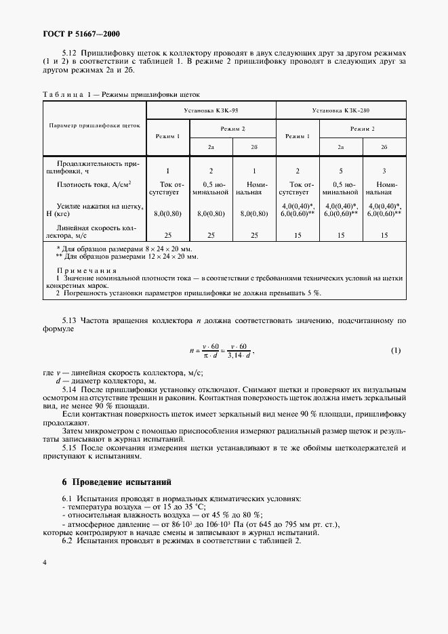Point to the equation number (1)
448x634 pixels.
(396, 350)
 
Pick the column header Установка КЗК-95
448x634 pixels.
(211, 109)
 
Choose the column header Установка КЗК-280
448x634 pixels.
(341, 109)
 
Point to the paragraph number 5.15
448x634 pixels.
(70, 448)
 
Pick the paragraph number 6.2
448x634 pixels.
(70, 541)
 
